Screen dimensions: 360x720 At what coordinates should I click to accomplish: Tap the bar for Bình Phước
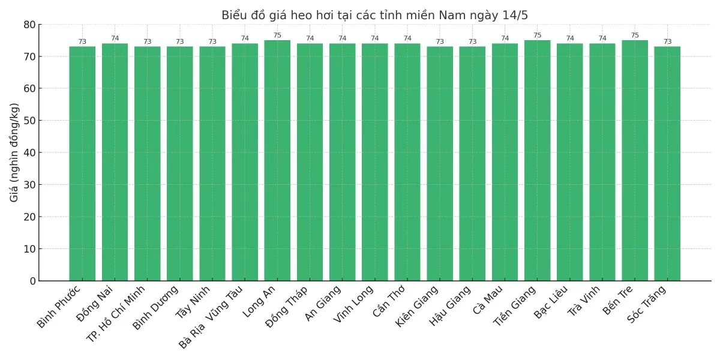[x=82, y=163]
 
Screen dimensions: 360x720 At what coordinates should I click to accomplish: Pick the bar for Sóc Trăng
[x=667, y=163]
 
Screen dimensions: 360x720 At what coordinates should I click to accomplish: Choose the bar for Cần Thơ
[x=407, y=162]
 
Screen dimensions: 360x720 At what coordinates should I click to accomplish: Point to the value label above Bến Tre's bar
[x=635, y=35]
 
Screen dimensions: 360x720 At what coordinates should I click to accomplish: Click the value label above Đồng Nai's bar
[x=115, y=38]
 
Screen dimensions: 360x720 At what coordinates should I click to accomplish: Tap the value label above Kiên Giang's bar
[x=440, y=42]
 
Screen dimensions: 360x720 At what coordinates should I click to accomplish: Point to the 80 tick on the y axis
[x=29, y=25]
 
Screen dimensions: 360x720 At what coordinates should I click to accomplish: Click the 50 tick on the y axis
[x=29, y=121]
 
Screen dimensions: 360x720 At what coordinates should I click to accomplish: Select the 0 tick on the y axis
[x=32, y=281]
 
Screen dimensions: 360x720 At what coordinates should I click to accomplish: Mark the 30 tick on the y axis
[x=29, y=185]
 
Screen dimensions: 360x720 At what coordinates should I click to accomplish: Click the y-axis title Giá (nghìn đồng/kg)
[x=14, y=152]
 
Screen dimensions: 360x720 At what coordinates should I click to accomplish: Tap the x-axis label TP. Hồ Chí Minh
[x=116, y=313]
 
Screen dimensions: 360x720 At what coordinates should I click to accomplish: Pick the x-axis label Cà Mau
[x=488, y=300]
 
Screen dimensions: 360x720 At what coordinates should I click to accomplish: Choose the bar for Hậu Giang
[x=472, y=163]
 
